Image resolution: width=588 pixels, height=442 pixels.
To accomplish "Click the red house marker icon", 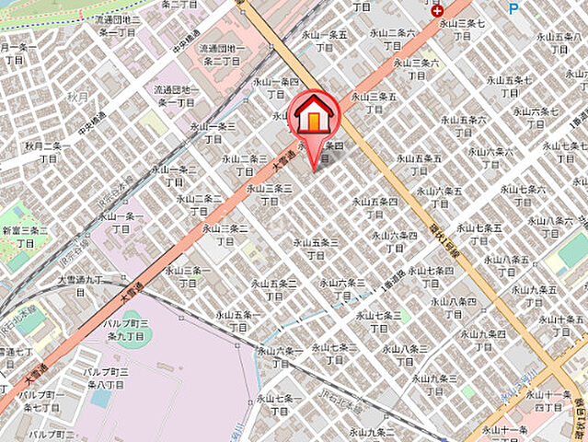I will coord(315,118).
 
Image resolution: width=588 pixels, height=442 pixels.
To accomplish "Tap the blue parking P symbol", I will coord(513,8).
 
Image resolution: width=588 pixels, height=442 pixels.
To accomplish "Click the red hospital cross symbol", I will coord(437,12).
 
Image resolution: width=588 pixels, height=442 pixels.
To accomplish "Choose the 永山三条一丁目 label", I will coord(183,277).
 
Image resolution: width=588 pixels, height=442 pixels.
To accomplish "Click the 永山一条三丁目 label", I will coord(213,133).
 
